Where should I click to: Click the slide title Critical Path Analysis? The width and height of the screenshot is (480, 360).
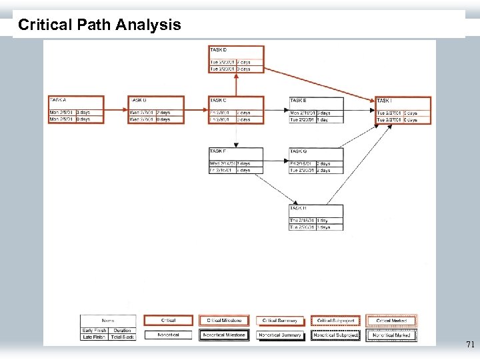(x=99, y=25)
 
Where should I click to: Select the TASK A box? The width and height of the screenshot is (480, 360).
(x=76, y=110)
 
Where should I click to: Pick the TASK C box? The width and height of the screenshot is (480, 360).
(x=236, y=110)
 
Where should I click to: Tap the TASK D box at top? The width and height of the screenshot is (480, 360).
(x=236, y=59)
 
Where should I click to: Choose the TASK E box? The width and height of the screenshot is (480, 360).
(x=316, y=110)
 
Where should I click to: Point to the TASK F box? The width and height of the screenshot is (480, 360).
(x=236, y=161)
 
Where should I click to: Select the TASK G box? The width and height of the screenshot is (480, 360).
(x=316, y=161)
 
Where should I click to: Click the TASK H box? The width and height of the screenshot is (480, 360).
(x=316, y=217)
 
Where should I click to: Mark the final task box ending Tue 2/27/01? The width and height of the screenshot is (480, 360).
(x=403, y=110)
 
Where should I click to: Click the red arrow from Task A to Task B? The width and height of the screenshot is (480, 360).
(x=116, y=110)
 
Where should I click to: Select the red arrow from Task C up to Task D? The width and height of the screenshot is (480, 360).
(x=235, y=85)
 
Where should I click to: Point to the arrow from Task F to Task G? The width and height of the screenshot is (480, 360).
(x=276, y=161)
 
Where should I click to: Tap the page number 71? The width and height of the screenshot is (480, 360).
(x=470, y=345)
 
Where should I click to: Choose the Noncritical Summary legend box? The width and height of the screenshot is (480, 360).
(x=280, y=335)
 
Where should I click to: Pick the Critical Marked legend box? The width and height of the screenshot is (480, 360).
(x=392, y=321)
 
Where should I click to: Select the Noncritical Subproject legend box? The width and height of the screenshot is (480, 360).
(x=335, y=335)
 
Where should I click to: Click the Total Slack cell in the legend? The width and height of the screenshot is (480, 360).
(x=122, y=337)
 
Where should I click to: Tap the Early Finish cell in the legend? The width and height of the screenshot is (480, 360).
(x=94, y=331)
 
